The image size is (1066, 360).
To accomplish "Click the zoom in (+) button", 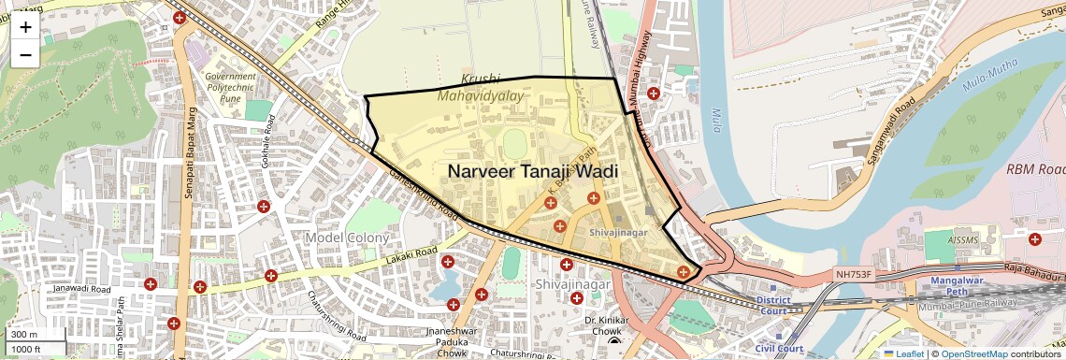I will tap(25, 26).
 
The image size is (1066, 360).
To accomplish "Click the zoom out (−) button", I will tap(25, 54).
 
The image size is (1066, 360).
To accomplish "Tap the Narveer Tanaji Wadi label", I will tap(532, 171).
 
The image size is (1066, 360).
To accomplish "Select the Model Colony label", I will tap(346, 238).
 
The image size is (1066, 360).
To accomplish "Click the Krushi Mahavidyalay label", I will tap(494, 87).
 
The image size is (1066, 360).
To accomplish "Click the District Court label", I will tap(774, 306).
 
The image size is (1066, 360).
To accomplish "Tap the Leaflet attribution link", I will tap(903, 353).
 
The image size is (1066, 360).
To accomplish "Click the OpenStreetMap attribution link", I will tap(974, 353).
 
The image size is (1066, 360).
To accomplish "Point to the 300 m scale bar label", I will tap(24, 335).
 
